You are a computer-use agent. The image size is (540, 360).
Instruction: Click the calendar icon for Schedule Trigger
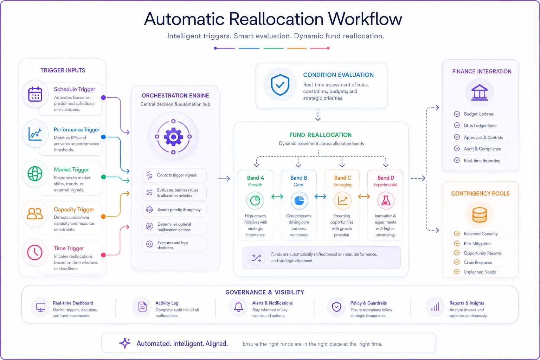[x=35, y=94]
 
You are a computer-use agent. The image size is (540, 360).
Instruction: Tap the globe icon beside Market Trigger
[x=35, y=174]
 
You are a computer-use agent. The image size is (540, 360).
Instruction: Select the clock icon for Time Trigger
[x=35, y=252]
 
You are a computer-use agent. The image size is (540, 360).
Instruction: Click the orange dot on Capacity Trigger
[x=103, y=217]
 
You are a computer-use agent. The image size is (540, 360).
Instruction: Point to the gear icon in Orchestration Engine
[x=173, y=137]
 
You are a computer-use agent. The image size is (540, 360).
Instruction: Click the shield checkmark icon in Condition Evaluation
[x=280, y=85]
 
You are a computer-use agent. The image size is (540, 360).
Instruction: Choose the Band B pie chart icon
[x=299, y=200]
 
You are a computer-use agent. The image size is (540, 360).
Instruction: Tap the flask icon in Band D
[x=386, y=200]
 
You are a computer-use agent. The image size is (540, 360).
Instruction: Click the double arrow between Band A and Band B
[x=277, y=197]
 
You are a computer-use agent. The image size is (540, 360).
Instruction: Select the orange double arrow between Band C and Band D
[x=364, y=197]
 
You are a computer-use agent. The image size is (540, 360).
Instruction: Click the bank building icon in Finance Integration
[x=480, y=92]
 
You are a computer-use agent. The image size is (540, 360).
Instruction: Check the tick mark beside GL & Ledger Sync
[x=457, y=126]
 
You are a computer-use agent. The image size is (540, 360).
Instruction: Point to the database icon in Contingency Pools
[x=480, y=214]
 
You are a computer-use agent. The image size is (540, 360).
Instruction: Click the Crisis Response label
[x=478, y=262]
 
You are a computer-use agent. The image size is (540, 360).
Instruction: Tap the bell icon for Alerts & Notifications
[x=239, y=307]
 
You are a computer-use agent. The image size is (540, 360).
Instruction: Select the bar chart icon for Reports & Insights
[x=435, y=307]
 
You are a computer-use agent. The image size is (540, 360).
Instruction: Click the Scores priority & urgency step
[x=174, y=210]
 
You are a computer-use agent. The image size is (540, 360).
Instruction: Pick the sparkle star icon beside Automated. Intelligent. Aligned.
[x=125, y=343]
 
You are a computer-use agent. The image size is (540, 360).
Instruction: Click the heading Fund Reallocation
[x=320, y=135]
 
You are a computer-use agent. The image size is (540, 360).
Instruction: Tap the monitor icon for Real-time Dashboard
[x=40, y=307]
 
